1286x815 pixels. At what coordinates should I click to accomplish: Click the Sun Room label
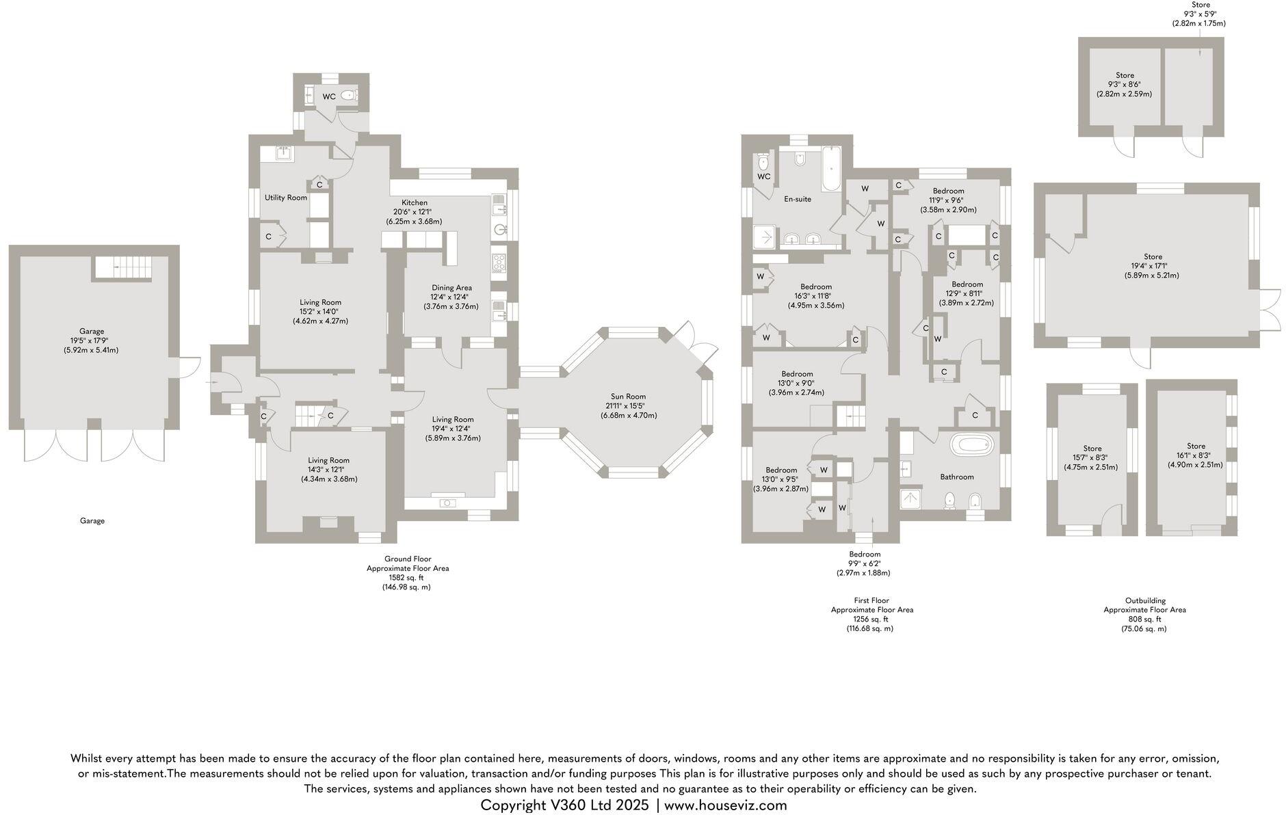coord(628,397)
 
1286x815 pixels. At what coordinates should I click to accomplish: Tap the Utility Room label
coord(286,198)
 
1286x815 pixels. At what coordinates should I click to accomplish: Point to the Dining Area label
coord(451,288)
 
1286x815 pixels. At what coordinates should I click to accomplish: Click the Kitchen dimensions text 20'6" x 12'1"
coord(415,212)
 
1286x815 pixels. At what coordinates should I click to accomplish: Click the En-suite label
coord(798,200)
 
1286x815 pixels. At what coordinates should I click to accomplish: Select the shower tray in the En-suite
coord(765,237)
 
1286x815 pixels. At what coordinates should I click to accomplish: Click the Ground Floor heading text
coord(408,559)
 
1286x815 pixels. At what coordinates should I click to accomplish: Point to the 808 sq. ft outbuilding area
coord(1144,619)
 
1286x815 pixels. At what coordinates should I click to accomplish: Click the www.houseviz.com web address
coord(726,805)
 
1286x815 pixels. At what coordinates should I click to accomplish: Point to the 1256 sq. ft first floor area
coord(871,619)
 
